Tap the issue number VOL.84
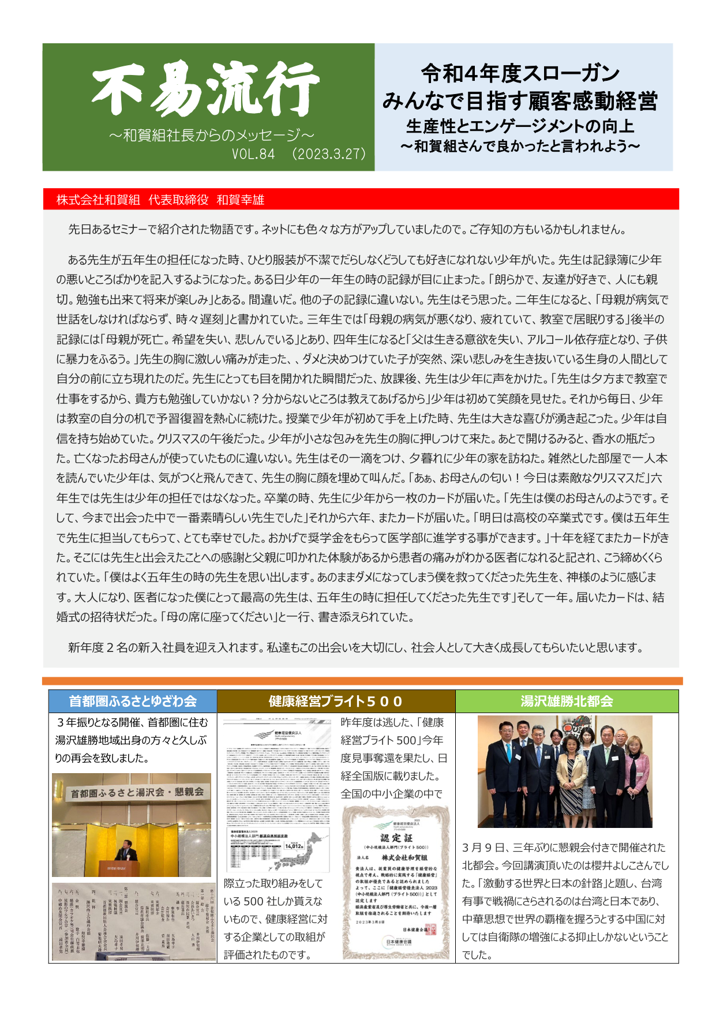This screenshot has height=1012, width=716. [x=253, y=155]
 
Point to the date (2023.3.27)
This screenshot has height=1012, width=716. [x=329, y=155]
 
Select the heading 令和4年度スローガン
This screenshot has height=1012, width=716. [x=520, y=73]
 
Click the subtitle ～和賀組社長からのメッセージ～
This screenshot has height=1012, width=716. [x=211, y=136]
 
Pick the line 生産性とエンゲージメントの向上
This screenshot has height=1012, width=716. [x=520, y=126]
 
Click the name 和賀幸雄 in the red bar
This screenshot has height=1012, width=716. [x=241, y=200]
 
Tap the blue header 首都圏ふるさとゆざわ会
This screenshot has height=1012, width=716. [x=133, y=701]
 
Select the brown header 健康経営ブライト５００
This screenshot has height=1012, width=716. [x=336, y=701]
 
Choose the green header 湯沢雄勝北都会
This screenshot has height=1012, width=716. [x=567, y=701]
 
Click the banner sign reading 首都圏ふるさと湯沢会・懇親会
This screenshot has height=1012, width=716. [x=137, y=793]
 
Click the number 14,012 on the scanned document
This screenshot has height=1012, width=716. [x=294, y=846]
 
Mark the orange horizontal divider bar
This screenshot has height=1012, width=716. [x=362, y=681]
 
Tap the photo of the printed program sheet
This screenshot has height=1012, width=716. [x=132, y=921]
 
